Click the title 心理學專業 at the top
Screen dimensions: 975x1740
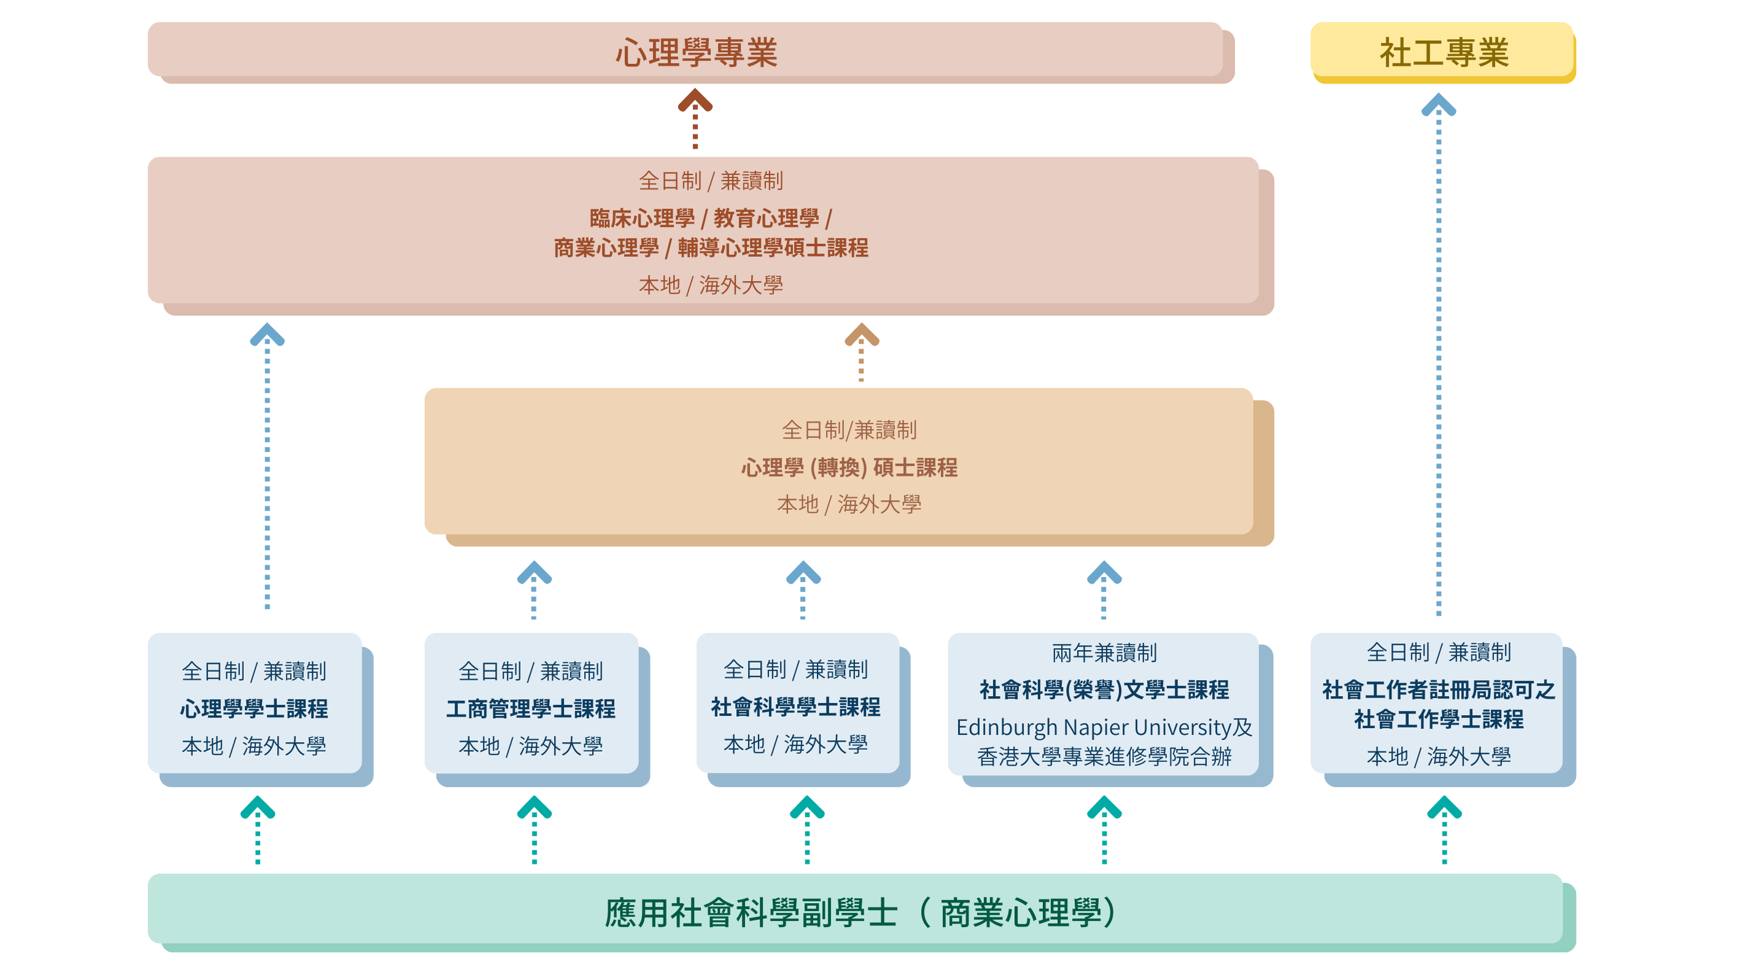click(696, 53)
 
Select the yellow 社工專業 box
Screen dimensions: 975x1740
click(1443, 53)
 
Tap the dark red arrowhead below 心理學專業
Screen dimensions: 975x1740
click(695, 101)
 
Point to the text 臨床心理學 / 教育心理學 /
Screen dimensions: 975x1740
click(711, 218)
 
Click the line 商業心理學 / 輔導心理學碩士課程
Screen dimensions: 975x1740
click(711, 248)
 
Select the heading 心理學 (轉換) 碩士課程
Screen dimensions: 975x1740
click(849, 467)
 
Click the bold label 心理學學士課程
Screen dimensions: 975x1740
click(254, 708)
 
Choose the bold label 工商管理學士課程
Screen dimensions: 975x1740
click(530, 708)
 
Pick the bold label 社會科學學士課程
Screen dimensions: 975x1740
click(796, 707)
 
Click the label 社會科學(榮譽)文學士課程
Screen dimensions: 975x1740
click(1104, 689)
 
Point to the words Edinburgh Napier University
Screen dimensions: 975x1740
click(1093, 727)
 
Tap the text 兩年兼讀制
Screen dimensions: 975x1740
click(1104, 652)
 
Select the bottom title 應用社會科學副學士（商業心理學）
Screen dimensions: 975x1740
click(859, 912)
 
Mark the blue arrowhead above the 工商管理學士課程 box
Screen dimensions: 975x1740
click(534, 573)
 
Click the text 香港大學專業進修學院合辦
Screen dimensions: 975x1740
click(1104, 756)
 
